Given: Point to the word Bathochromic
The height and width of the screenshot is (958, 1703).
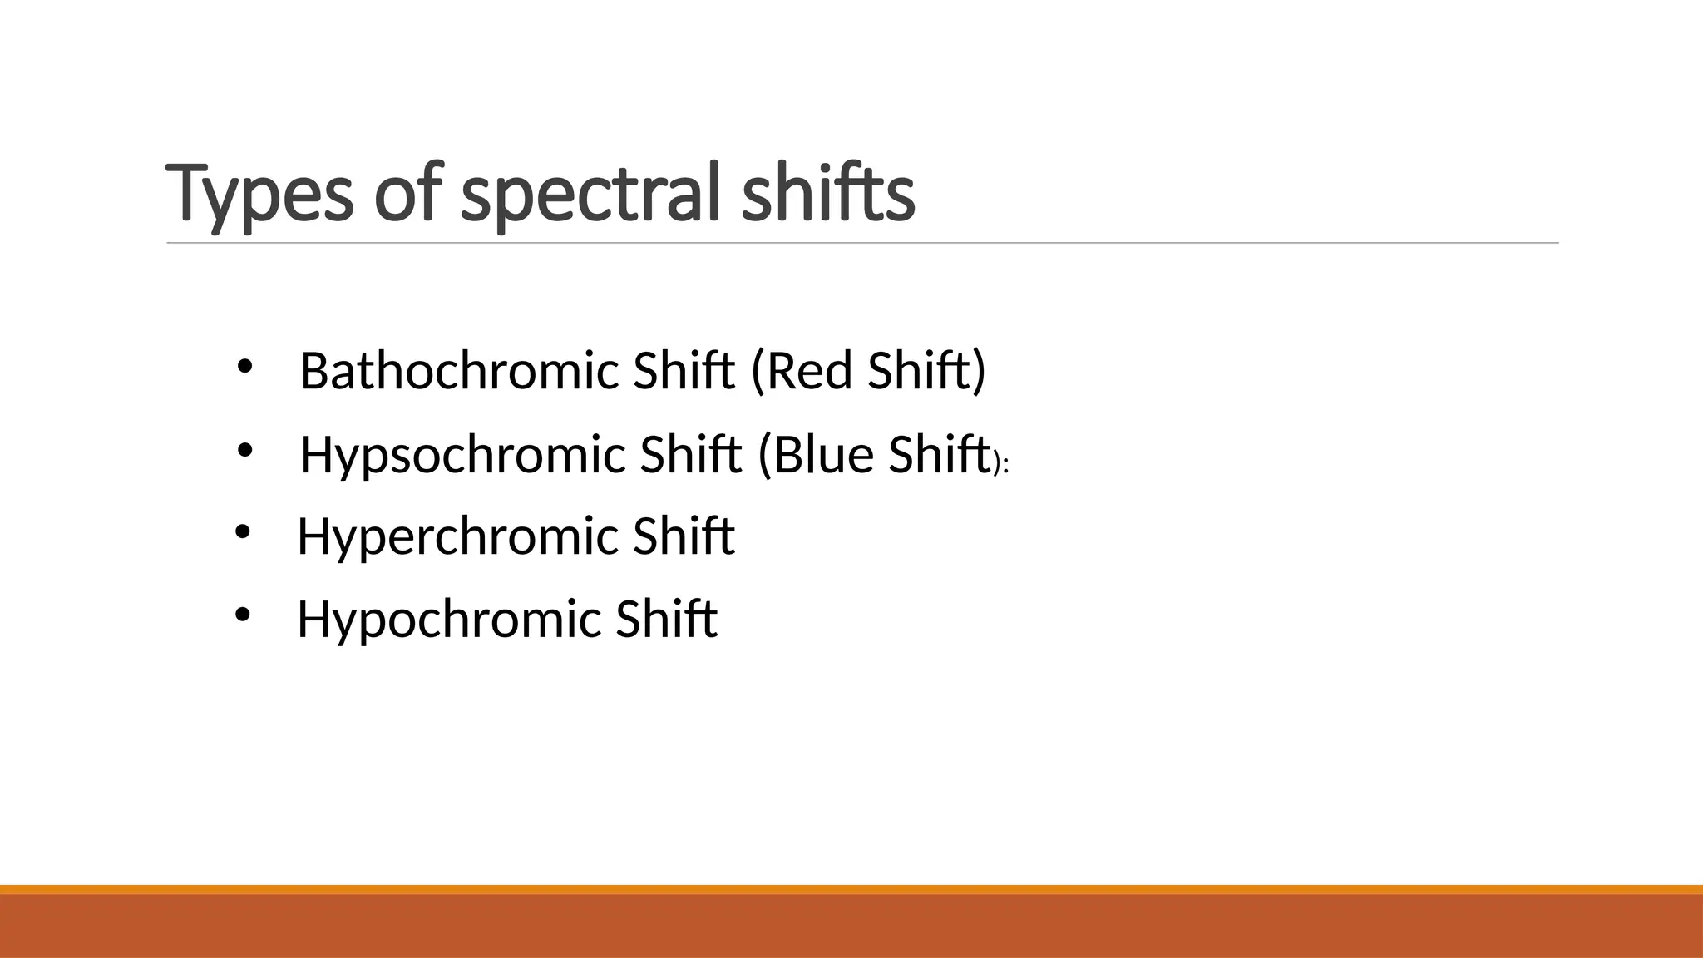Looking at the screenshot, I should tap(459, 371).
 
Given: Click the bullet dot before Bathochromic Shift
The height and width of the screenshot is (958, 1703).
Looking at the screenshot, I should tap(244, 367).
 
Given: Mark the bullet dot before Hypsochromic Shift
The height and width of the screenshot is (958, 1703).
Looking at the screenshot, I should tap(244, 451).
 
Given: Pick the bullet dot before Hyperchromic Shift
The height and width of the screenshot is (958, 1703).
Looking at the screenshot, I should tap(242, 532).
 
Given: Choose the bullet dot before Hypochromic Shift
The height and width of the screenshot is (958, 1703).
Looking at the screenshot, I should tap(242, 615).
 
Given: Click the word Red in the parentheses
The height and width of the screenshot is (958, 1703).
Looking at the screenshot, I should tap(810, 371).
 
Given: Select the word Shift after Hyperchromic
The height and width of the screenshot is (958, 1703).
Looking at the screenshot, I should tap(684, 536).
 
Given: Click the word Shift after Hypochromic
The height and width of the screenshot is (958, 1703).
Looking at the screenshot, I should tap(666, 620).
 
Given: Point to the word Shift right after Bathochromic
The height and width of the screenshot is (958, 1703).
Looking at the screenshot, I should tap(684, 371).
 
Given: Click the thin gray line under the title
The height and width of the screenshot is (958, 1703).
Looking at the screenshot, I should tap(862, 244).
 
